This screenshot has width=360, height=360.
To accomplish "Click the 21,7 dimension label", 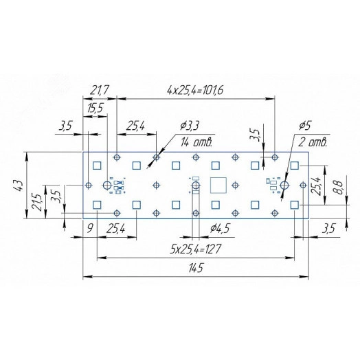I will point(100,90).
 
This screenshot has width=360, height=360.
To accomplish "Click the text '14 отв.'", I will point(196,143).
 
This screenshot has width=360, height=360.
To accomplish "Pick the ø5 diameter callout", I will point(306,126).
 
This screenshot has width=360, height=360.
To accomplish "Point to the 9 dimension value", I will point(90,228).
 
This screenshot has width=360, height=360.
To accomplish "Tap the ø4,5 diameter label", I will point(219,228).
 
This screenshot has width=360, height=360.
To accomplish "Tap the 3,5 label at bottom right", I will point(328,228).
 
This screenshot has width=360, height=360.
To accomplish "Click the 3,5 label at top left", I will point(66,126).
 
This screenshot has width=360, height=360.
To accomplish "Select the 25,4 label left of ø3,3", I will point(137,126).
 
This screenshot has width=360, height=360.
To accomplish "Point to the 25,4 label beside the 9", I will point(116,228).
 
